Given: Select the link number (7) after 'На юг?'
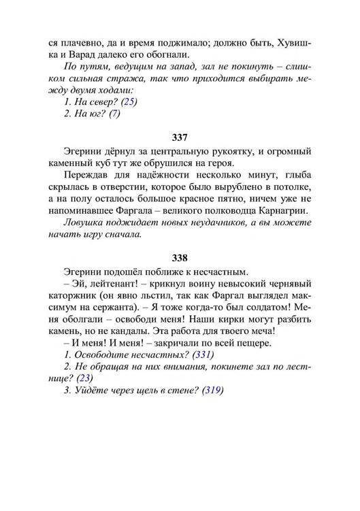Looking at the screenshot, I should click(114, 114).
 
